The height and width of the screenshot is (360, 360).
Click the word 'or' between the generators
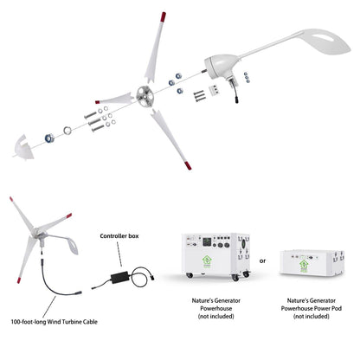click(262, 260)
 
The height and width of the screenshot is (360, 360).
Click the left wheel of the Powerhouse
click(184, 280)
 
